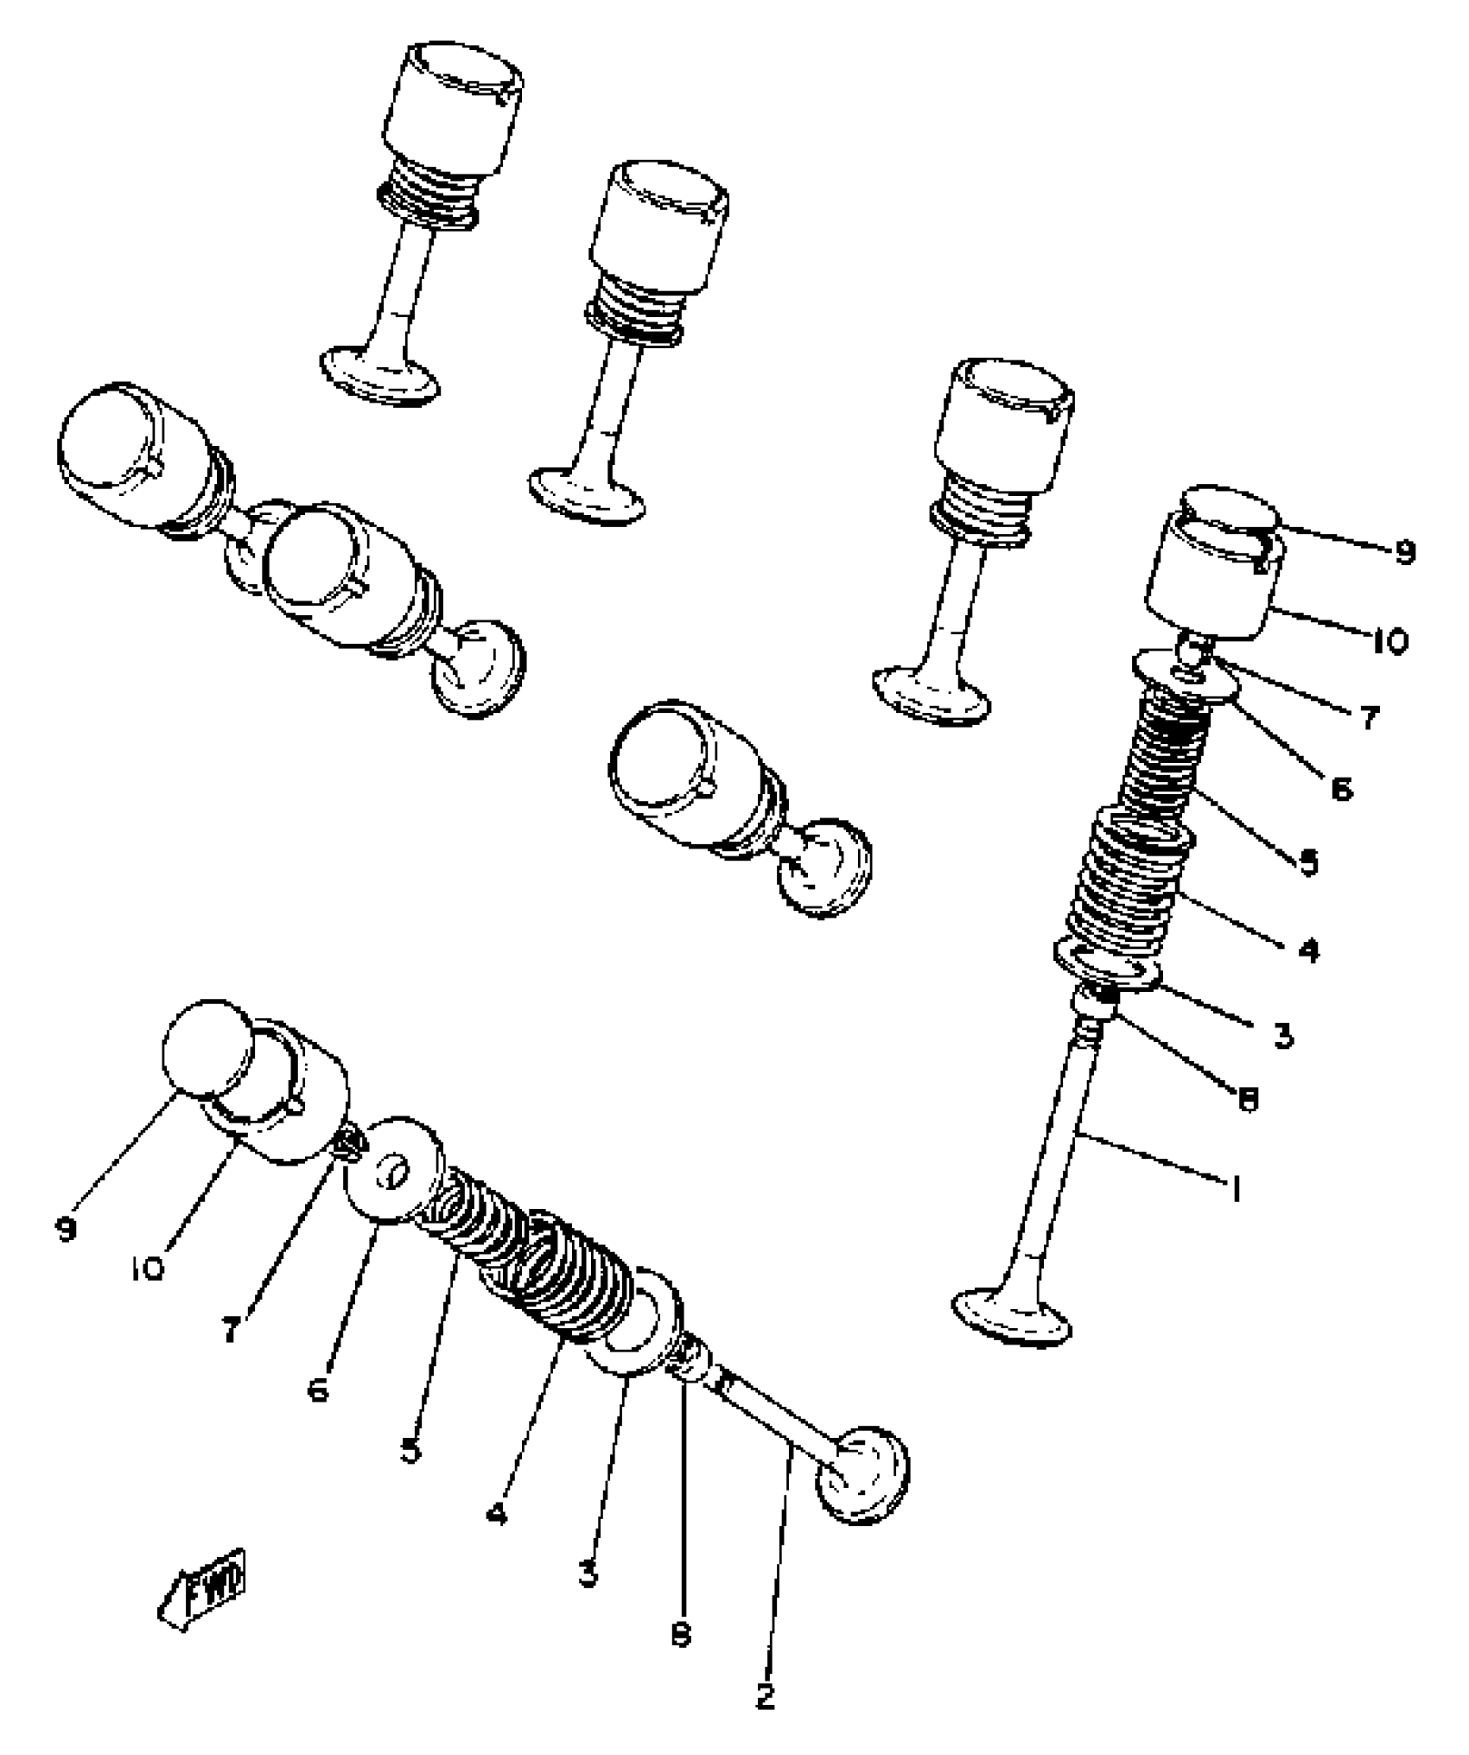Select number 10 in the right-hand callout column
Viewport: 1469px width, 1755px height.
(x=1390, y=642)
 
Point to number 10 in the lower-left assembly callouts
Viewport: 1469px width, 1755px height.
(x=149, y=1269)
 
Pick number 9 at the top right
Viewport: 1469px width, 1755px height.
(x=1405, y=552)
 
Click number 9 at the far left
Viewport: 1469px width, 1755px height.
(x=66, y=1229)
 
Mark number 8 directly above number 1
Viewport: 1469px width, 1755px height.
(x=1248, y=1099)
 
